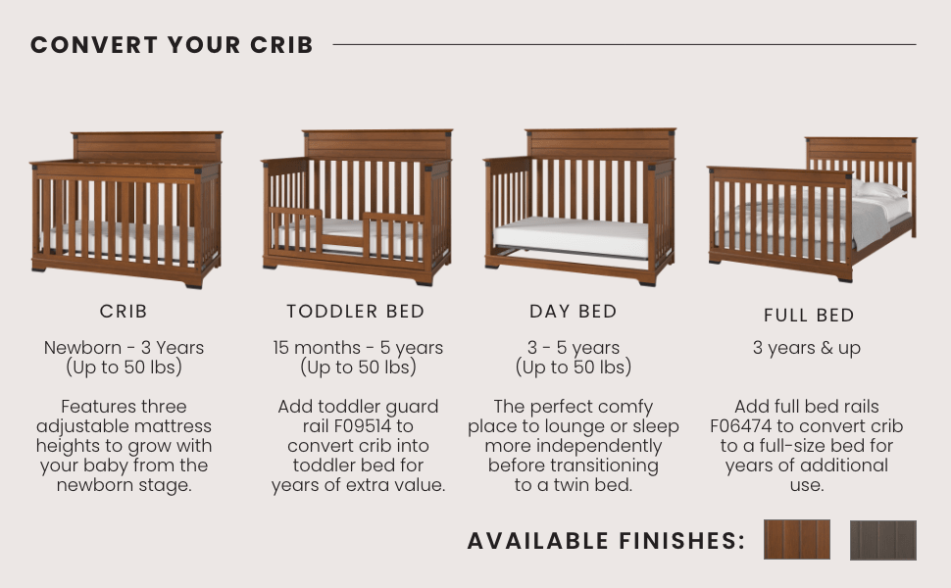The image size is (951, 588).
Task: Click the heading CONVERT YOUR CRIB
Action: tap(172, 45)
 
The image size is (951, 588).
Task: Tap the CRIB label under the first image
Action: tap(124, 312)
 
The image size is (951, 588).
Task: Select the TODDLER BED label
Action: tap(356, 312)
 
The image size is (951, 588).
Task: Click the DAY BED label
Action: tap(574, 312)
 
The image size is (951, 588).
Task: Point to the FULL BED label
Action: tap(809, 316)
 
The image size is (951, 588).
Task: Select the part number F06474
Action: tap(744, 426)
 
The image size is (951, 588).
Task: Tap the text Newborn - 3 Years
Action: tap(124, 348)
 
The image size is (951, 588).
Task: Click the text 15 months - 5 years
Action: tap(358, 348)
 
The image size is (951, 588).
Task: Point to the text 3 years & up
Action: tap(807, 348)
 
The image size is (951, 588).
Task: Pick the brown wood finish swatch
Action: tap(796, 540)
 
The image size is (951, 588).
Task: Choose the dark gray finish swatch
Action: tap(882, 540)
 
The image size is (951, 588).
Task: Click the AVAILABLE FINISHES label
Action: tap(606, 541)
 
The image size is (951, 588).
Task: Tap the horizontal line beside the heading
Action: tap(624, 44)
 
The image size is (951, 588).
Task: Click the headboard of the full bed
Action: tap(861, 149)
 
